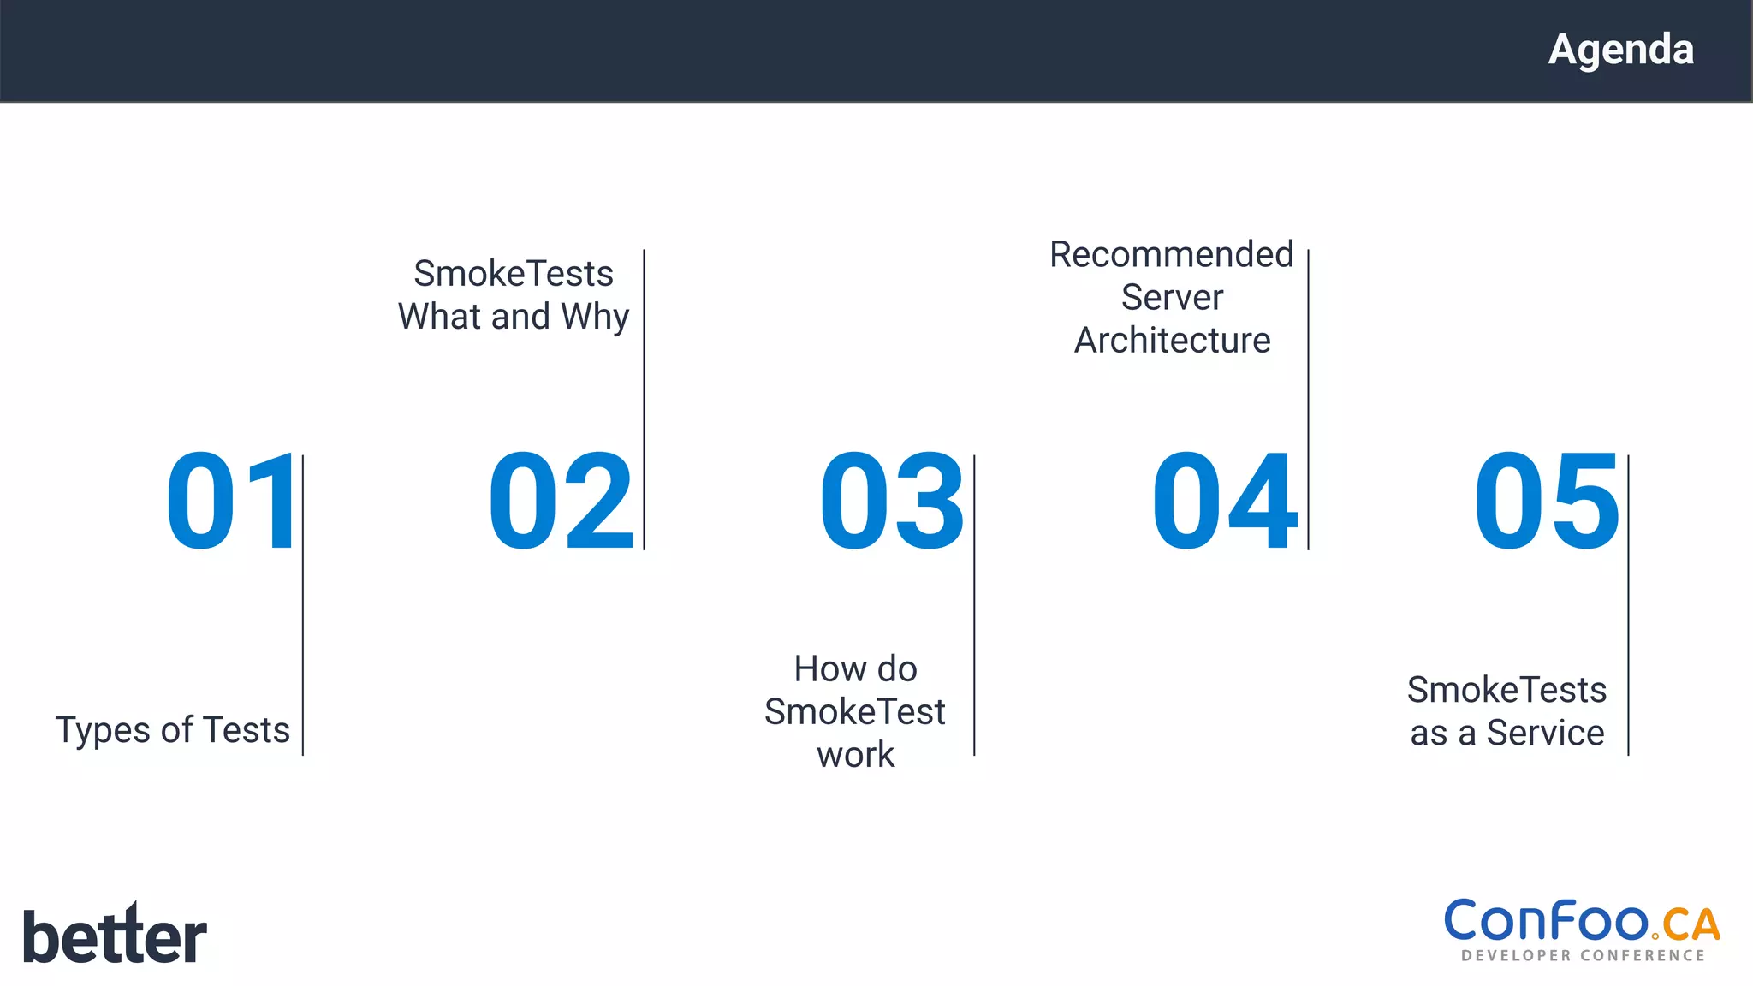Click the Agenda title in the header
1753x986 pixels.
click(x=1620, y=50)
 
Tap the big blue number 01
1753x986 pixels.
click(x=231, y=502)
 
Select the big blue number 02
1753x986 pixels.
click(x=561, y=502)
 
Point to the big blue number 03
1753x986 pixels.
click(x=892, y=502)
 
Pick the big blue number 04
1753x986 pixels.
click(x=1224, y=502)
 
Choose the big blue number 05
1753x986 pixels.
click(x=1546, y=502)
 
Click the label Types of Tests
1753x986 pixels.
click(x=173, y=730)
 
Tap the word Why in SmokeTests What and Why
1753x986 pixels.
click(x=595, y=317)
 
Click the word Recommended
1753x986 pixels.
click(x=1171, y=255)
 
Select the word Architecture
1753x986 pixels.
click(x=1172, y=341)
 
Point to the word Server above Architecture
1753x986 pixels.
click(x=1172, y=298)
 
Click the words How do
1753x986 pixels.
click(x=855, y=668)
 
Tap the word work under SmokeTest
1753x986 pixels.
click(x=855, y=755)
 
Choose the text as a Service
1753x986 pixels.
click(x=1507, y=734)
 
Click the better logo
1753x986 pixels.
click(x=115, y=935)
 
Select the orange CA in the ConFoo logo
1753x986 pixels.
click(x=1691, y=925)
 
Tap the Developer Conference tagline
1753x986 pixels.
click(x=1583, y=955)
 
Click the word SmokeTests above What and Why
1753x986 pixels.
click(x=514, y=274)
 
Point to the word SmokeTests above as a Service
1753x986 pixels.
click(x=1506, y=690)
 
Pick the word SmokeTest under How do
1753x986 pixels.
click(x=855, y=712)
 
